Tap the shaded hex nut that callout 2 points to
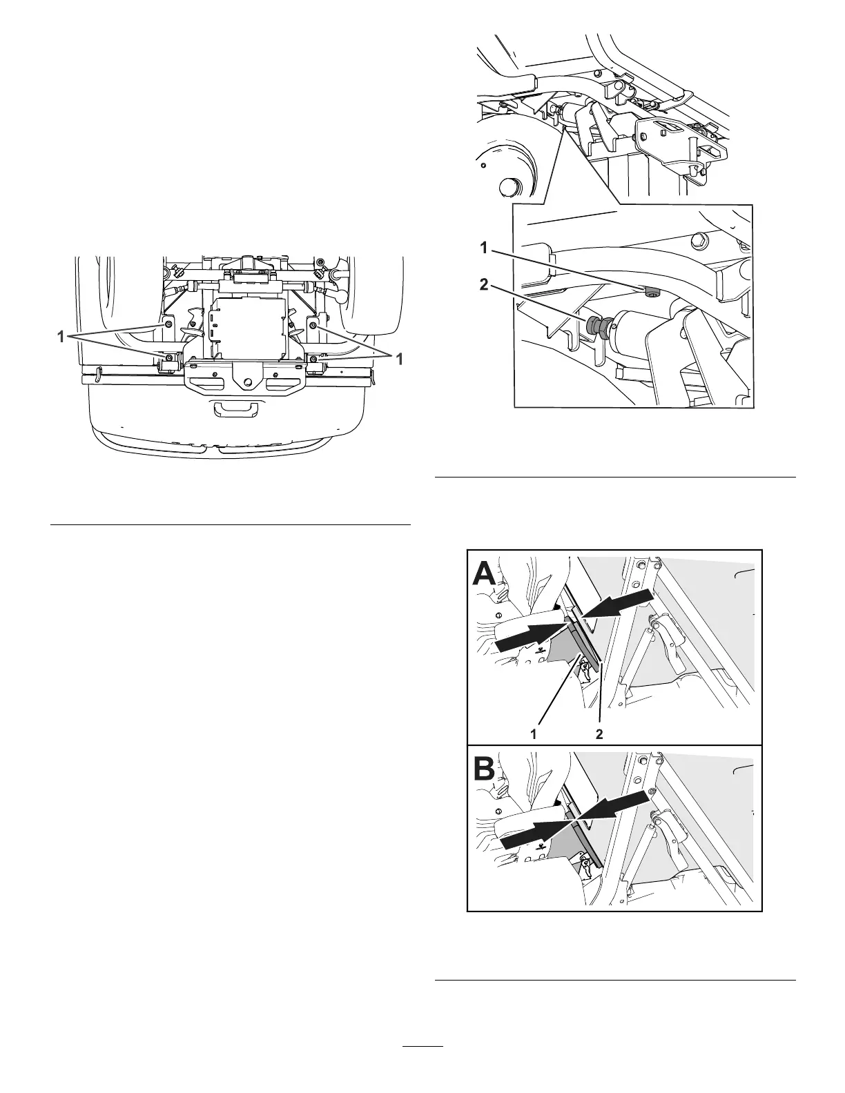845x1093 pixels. (x=593, y=324)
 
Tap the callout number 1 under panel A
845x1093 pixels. (x=533, y=735)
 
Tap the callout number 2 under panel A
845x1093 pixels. (x=599, y=735)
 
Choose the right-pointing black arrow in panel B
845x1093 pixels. (x=534, y=834)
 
